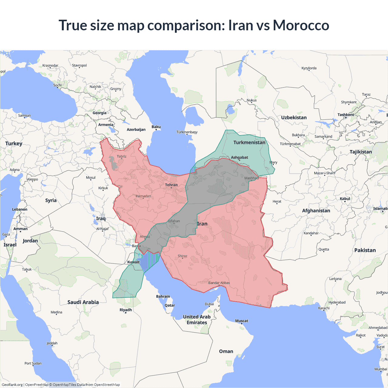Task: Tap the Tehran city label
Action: (171, 185)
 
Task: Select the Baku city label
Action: (156, 127)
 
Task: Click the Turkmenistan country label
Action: (249, 142)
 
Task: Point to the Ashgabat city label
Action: (239, 157)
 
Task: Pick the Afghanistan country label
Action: (316, 211)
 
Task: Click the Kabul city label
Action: (345, 199)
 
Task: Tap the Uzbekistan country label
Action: (294, 118)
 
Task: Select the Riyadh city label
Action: (126, 310)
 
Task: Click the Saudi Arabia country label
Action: (83, 302)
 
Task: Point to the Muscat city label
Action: (242, 321)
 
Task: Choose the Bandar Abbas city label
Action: (219, 283)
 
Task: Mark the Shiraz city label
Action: (182, 256)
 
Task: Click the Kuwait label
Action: (133, 262)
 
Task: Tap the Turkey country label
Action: (14, 143)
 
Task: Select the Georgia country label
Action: (99, 113)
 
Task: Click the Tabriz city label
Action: (122, 156)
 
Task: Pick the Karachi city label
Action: (324, 308)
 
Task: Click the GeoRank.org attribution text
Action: (12, 385)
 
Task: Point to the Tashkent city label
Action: (346, 115)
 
